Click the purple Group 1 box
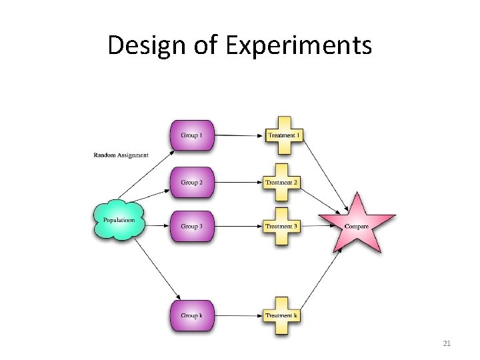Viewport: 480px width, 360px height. pyautogui.click(x=192, y=135)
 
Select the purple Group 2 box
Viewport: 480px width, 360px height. pyautogui.click(x=192, y=182)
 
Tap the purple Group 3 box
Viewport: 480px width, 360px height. pyautogui.click(x=192, y=227)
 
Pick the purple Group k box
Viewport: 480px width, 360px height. pyautogui.click(x=192, y=315)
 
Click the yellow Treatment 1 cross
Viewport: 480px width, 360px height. pyautogui.click(x=284, y=135)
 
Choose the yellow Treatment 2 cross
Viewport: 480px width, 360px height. pyautogui.click(x=282, y=182)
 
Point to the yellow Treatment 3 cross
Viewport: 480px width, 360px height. pyautogui.click(x=282, y=227)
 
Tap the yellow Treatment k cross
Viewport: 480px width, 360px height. pyautogui.click(x=282, y=315)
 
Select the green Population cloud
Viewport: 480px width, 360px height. pyautogui.click(x=119, y=219)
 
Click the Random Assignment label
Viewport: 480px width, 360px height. pyautogui.click(x=121, y=156)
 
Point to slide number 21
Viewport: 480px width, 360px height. pyautogui.click(x=447, y=343)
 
